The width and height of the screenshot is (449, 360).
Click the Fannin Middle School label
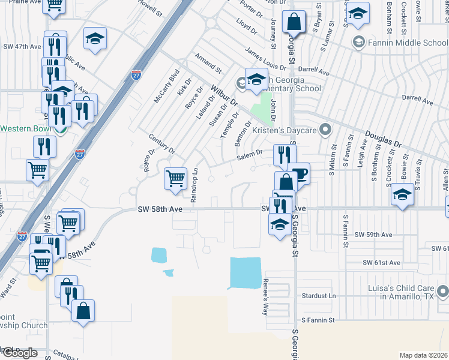(406, 43)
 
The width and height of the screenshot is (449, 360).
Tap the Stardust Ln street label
(319, 296)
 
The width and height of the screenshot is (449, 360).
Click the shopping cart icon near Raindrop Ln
(175, 178)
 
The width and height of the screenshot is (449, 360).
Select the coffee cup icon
(298, 173)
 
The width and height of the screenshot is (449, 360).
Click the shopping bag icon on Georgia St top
(294, 23)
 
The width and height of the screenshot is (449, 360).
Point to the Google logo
(20, 353)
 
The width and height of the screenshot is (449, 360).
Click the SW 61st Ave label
(381, 263)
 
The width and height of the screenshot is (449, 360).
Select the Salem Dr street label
(250, 155)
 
